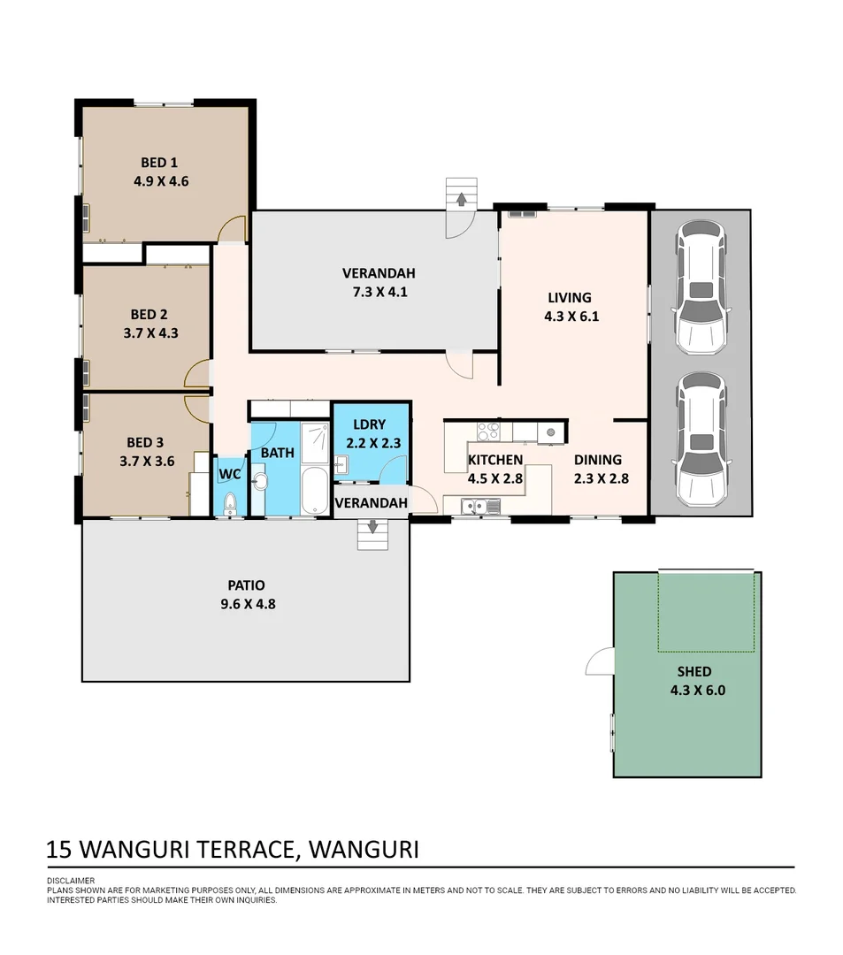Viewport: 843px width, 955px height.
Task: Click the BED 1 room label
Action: (x=159, y=163)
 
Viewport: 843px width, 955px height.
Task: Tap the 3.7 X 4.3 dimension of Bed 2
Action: (x=150, y=333)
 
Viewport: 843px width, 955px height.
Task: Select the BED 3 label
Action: (x=145, y=443)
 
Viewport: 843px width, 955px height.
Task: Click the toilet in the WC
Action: (x=230, y=504)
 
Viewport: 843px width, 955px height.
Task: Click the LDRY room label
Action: (x=369, y=424)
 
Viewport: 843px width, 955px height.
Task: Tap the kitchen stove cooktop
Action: (x=488, y=432)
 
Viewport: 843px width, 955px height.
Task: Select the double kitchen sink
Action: (x=480, y=506)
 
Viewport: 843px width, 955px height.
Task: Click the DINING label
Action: (x=598, y=460)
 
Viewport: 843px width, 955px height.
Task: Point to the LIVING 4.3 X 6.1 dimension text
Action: (x=571, y=317)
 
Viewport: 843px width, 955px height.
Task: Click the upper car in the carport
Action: (x=701, y=287)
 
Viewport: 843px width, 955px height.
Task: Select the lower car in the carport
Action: (x=701, y=439)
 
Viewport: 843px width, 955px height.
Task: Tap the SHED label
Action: (x=694, y=672)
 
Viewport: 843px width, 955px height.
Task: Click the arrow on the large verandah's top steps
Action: (x=462, y=199)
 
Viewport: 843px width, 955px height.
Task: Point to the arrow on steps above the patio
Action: (x=372, y=526)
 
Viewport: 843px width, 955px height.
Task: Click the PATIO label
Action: (x=246, y=586)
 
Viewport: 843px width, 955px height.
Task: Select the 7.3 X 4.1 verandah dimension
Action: (x=380, y=293)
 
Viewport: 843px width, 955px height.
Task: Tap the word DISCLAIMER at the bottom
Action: (x=71, y=881)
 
